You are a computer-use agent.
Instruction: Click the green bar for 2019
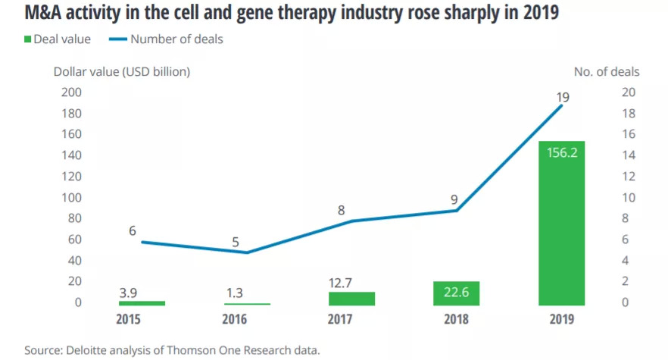pyautogui.click(x=561, y=223)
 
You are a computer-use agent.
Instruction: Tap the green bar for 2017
pyautogui.click(x=351, y=299)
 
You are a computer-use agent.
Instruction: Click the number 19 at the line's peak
pyautogui.click(x=561, y=97)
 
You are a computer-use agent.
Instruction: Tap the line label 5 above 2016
pyautogui.click(x=236, y=243)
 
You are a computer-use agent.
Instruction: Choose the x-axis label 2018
pyautogui.click(x=457, y=319)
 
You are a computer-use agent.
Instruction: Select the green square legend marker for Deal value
pyautogui.click(x=29, y=39)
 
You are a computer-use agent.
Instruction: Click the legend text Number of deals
pyautogui.click(x=176, y=39)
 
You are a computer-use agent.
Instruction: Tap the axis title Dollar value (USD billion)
pyautogui.click(x=121, y=72)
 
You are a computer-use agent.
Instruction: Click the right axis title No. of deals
pyautogui.click(x=606, y=72)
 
